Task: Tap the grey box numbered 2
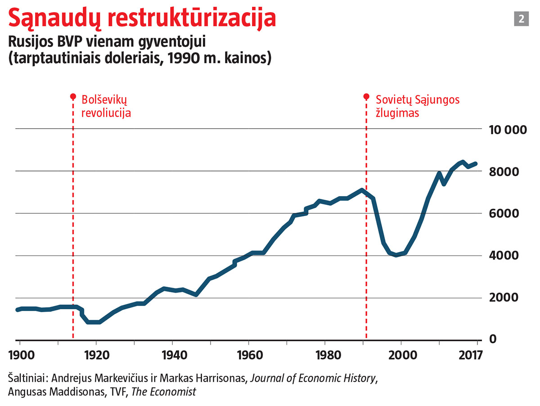pos(521,19)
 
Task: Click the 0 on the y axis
pos(494,338)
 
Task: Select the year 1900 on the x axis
pos(22,354)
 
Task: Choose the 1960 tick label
pos(249,354)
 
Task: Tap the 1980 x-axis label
pos(325,354)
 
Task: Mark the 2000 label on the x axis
pos(402,354)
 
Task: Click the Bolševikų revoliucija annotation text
pos(106,106)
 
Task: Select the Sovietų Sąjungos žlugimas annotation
pos(418,106)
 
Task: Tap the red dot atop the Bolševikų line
pos(72,97)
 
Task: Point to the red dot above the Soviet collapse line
pos(366,97)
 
